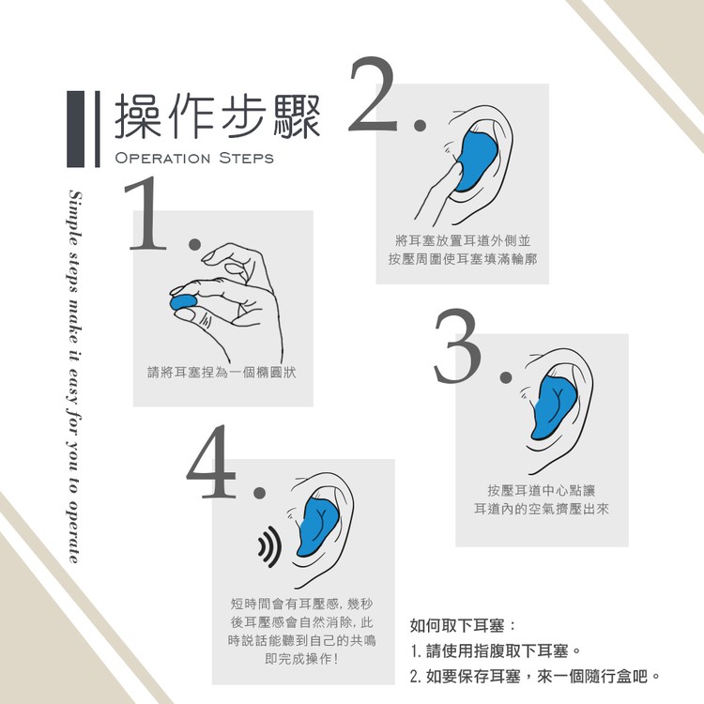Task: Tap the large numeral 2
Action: pos(373,94)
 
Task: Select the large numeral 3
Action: pos(457,345)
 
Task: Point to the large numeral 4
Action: pos(211,462)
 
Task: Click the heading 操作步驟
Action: pos(218,116)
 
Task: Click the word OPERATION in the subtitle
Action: pos(162,158)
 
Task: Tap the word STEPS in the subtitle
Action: pos(247,158)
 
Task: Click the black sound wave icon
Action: pos(269,546)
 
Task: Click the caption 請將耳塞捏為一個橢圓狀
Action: pos(222,373)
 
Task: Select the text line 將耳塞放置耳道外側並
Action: pos(463,241)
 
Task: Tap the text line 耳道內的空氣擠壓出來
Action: pos(542,509)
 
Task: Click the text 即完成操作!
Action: pos(301,659)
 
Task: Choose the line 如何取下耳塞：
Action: pos(464,625)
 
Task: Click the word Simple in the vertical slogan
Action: pos(75,218)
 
